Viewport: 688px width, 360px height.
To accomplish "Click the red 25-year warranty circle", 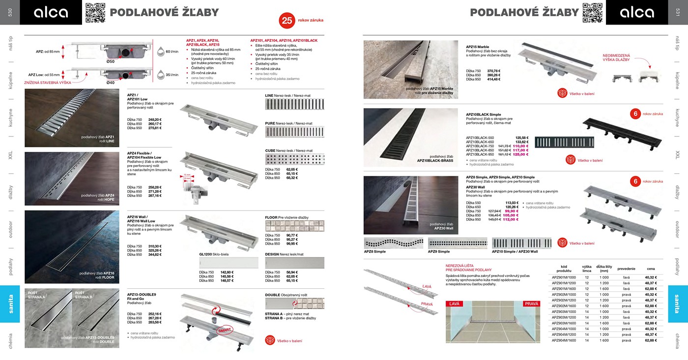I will [x=287, y=20].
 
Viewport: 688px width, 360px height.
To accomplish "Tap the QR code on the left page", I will [x=95, y=12].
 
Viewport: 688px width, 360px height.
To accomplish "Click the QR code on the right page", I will [x=592, y=12].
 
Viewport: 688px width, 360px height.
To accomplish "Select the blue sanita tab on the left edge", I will [x=10, y=304].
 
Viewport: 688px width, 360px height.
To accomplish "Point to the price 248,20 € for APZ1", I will [x=155, y=119].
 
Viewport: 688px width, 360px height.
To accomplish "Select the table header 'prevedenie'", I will [x=626, y=269].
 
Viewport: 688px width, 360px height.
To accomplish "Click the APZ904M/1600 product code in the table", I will [x=564, y=340].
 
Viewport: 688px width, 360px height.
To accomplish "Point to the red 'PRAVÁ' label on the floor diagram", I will [x=531, y=304].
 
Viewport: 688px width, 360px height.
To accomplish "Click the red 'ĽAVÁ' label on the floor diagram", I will [x=454, y=304].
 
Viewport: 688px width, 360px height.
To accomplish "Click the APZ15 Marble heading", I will [x=477, y=47].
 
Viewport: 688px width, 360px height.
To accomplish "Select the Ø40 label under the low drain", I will [x=111, y=83].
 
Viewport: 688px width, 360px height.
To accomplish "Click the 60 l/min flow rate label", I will [x=172, y=51].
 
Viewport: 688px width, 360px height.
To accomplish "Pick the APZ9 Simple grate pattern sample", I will [x=458, y=243].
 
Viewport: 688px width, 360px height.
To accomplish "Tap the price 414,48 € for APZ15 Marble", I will [x=493, y=79].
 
